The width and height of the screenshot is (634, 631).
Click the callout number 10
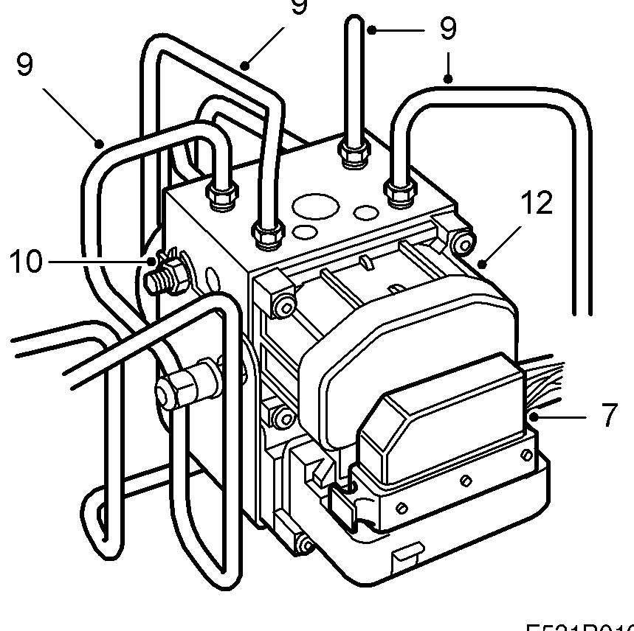pyautogui.click(x=26, y=261)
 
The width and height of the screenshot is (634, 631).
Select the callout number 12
pyautogui.click(x=537, y=202)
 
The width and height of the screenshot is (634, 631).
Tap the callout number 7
pyautogui.click(x=608, y=415)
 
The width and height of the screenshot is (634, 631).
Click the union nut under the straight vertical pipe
pyautogui.click(x=354, y=153)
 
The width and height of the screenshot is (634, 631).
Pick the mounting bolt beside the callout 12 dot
pyautogui.click(x=464, y=241)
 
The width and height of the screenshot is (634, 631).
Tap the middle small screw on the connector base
pyautogui.click(x=465, y=481)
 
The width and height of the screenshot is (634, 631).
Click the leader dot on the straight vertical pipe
pyautogui.click(x=373, y=29)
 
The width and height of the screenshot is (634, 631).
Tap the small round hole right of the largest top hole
pyautogui.click(x=367, y=212)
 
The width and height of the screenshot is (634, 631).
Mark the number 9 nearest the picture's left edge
pyautogui.click(x=24, y=66)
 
